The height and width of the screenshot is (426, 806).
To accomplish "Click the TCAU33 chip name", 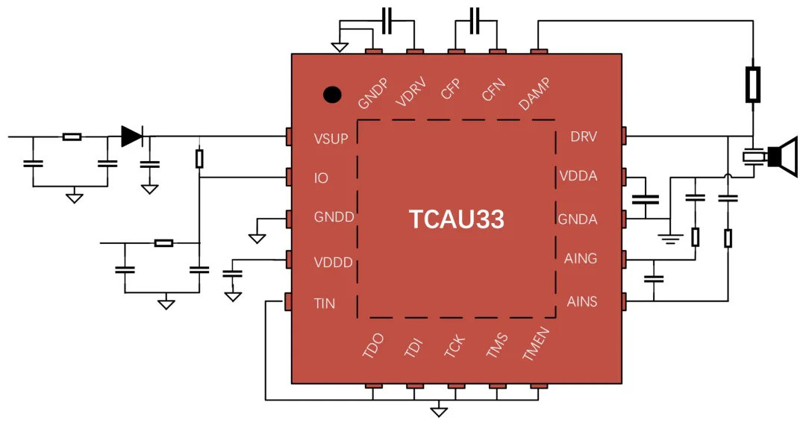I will (456, 219).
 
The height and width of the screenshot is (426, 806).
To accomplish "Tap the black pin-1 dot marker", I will (332, 95).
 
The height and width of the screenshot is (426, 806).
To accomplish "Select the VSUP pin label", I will (331, 139).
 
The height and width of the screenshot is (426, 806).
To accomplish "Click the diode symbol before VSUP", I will (132, 136).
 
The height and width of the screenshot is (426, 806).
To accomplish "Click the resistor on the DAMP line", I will (753, 84).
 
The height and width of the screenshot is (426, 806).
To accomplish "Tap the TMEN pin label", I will (536, 345).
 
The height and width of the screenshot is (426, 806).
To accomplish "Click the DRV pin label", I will (584, 137).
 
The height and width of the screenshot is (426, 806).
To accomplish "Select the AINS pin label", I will (581, 302).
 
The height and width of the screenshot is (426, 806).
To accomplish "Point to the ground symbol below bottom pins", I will (440, 411).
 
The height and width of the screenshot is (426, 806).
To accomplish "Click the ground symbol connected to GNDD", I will (257, 238).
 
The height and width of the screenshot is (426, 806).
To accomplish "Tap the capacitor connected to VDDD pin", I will (234, 275).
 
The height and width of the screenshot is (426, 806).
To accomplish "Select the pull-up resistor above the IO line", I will (199, 158).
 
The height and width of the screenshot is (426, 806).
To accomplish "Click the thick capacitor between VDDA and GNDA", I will (646, 199).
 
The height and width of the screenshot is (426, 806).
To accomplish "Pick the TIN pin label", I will (325, 304).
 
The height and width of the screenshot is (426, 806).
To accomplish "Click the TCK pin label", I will (454, 346).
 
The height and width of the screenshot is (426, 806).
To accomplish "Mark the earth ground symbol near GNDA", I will (670, 239).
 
